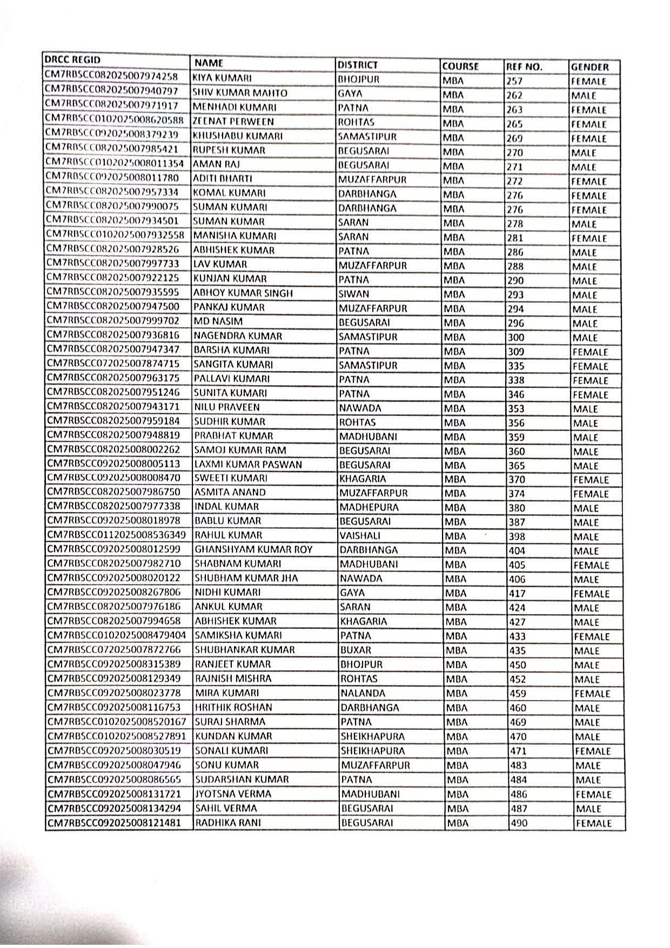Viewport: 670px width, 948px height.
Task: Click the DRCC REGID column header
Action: (73, 59)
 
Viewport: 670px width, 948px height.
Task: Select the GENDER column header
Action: (589, 67)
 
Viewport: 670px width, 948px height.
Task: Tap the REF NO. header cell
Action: (524, 66)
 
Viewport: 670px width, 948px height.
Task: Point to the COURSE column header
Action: (460, 66)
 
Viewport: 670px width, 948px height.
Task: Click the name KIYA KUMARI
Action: (222, 78)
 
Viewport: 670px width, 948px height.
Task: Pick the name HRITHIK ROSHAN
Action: (233, 707)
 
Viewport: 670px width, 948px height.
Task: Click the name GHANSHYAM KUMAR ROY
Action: (253, 550)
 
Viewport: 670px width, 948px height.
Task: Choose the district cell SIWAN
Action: (354, 294)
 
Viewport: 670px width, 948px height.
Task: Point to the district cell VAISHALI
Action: (360, 536)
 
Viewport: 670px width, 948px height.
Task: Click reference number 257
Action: (514, 81)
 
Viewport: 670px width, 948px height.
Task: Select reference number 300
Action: (517, 338)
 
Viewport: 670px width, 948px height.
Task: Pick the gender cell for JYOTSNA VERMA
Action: (593, 795)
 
